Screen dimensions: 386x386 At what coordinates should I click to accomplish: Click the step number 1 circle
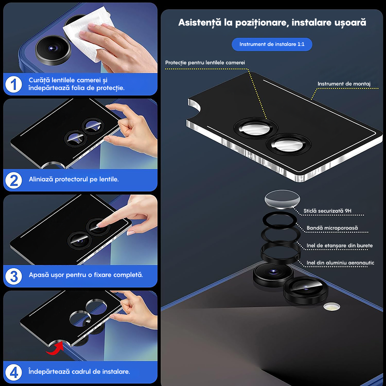coord(14,84)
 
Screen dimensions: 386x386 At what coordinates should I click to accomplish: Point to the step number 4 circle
coord(14,372)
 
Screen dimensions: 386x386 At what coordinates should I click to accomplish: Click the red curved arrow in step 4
coord(55,349)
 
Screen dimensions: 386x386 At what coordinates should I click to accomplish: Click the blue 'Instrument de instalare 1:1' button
coord(272,44)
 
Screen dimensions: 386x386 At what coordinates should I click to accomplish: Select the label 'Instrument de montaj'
coord(344,84)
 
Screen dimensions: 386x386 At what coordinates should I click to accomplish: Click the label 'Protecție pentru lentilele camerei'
coord(205,63)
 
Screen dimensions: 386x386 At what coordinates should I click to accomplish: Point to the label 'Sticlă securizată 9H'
coord(327,211)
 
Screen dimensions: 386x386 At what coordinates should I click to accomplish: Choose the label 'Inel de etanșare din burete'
coord(340,245)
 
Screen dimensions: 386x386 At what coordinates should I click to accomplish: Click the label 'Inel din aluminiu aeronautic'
coord(340,263)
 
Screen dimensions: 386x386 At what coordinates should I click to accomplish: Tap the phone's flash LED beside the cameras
coord(332,307)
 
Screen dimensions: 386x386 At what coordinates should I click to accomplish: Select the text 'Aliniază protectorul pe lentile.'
coord(74,179)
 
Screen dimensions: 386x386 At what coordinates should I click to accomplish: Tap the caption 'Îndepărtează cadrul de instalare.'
coord(79,372)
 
